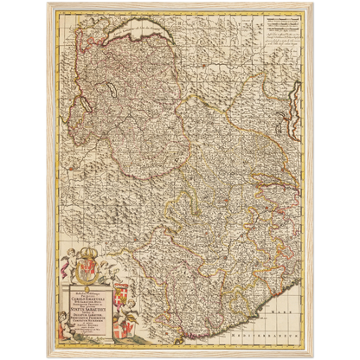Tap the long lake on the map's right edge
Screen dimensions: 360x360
303,121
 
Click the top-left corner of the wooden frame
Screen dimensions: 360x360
44,3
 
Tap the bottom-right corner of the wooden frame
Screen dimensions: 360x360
315,357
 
